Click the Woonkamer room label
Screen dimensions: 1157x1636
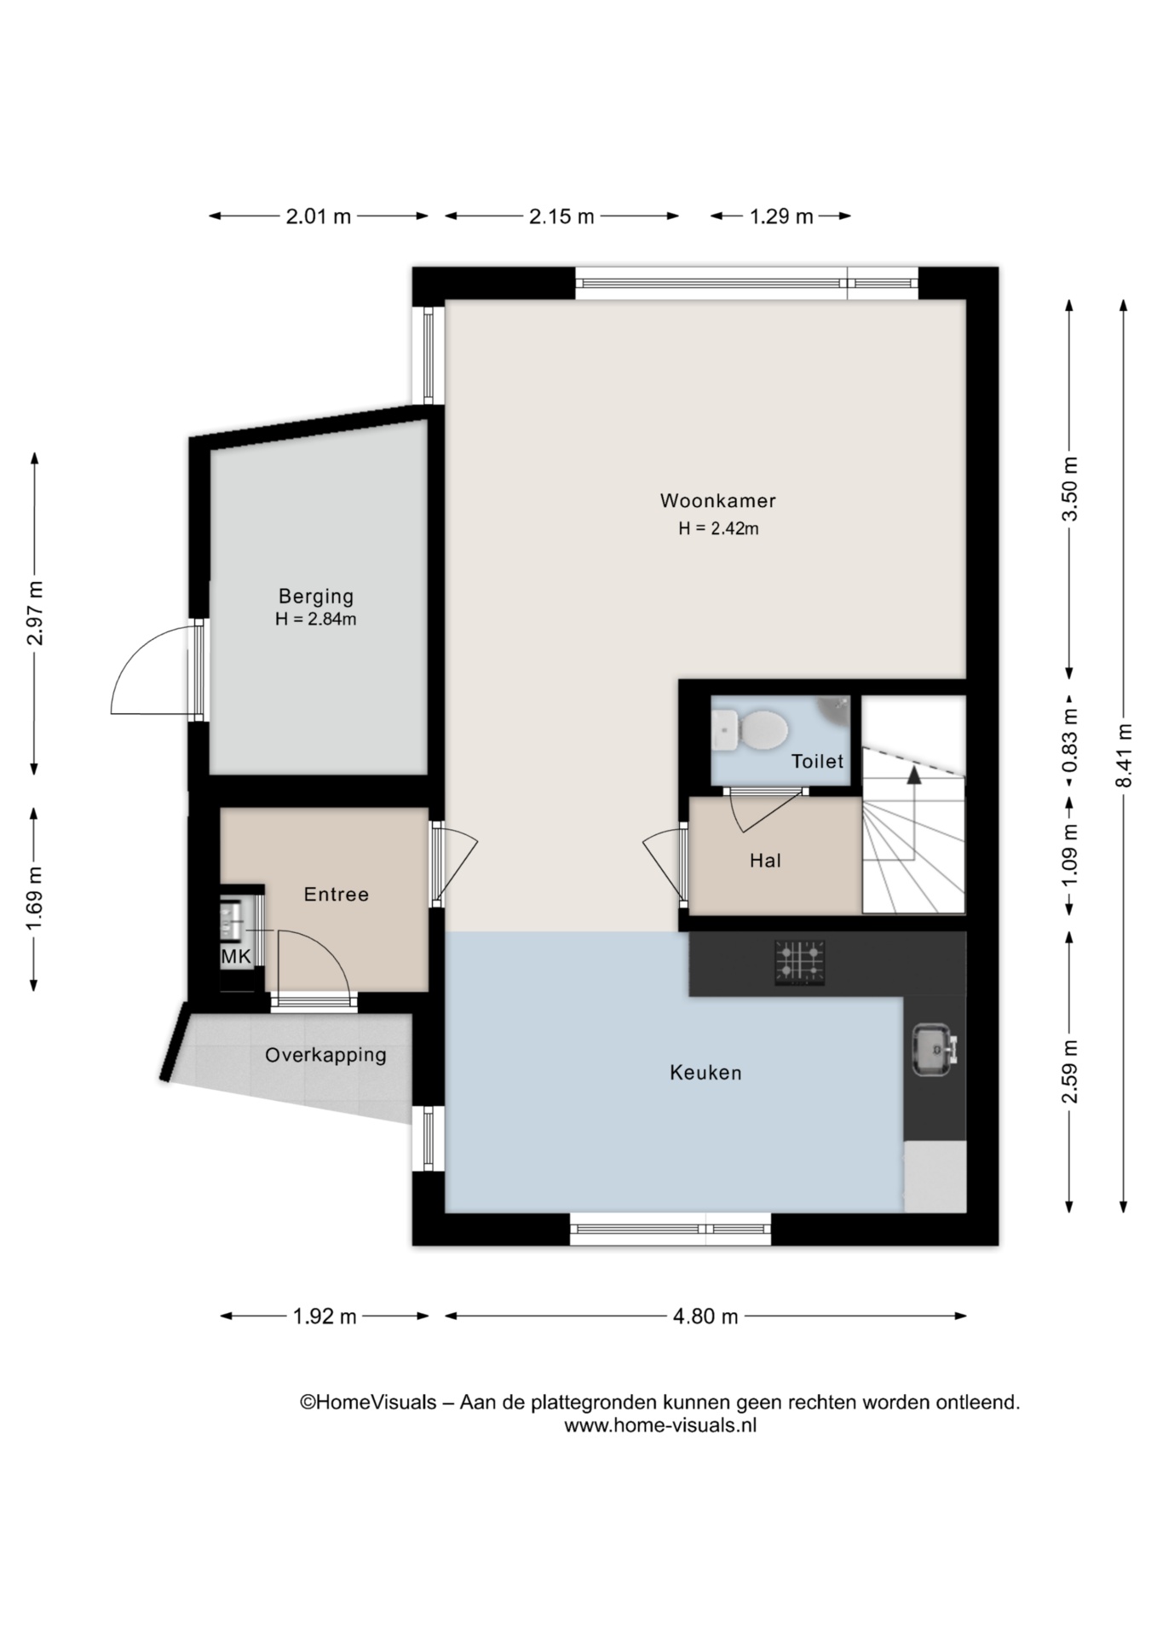717,500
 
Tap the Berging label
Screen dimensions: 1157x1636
316,597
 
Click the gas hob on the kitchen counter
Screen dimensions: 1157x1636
799,963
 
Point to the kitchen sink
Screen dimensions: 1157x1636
935,1050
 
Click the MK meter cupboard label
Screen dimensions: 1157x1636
236,957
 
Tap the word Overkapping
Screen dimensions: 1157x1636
325,1056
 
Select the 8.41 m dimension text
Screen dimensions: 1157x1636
1125,756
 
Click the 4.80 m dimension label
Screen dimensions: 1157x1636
705,1316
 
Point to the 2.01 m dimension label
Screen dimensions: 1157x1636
319,216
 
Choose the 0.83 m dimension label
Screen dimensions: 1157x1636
1070,740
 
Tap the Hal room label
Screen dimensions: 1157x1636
765,861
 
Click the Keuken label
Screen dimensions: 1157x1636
705,1073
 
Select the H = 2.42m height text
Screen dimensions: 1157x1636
718,528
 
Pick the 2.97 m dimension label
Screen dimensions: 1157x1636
35,613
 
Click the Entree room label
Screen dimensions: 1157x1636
337,894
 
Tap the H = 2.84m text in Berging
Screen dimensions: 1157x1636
315,619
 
